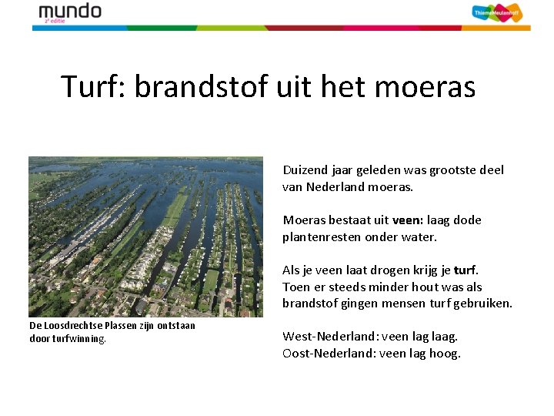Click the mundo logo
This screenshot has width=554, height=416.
tap(69, 12)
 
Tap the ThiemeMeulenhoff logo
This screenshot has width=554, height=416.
tap(496, 13)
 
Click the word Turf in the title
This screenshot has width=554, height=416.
tap(93, 86)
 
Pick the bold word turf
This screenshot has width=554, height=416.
tap(466, 270)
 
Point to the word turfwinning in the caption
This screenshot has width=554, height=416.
tap(79, 338)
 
